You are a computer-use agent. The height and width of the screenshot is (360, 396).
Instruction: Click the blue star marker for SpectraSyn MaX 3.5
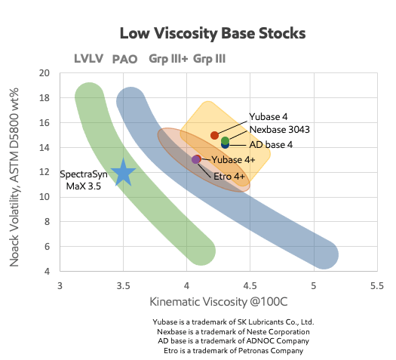pyautogui.click(x=123, y=173)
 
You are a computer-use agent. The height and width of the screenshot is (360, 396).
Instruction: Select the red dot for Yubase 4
pyautogui.click(x=214, y=135)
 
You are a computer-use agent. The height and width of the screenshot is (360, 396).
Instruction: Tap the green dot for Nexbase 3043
pyautogui.click(x=225, y=140)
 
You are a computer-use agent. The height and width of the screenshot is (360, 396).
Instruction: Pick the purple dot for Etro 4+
pyautogui.click(x=195, y=160)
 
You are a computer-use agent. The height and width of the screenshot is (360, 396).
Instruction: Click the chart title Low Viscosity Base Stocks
pyautogui.click(x=213, y=33)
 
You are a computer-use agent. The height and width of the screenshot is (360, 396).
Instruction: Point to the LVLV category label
pyautogui.click(x=89, y=59)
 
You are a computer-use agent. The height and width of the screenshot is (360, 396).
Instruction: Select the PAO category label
pyautogui.click(x=124, y=59)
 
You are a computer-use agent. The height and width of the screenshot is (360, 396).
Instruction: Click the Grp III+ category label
pyautogui.click(x=168, y=59)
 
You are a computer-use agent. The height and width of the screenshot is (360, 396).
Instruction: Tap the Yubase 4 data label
pyautogui.click(x=269, y=117)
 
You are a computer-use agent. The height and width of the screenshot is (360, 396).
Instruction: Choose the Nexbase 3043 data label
pyautogui.click(x=280, y=129)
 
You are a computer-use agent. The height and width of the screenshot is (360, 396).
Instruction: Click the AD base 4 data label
pyautogui.click(x=271, y=144)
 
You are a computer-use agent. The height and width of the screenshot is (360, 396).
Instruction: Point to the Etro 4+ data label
pyautogui.click(x=229, y=177)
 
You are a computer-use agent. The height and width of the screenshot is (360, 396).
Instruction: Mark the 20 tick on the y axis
pyautogui.click(x=45, y=73)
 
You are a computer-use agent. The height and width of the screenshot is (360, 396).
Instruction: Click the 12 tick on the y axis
pyautogui.click(x=45, y=172)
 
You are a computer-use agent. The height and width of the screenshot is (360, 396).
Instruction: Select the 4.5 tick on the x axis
pyautogui.click(x=250, y=286)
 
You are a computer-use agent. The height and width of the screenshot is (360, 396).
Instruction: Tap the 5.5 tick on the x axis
pyautogui.click(x=377, y=286)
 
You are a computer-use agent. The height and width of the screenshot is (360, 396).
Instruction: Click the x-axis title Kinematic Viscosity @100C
pyautogui.click(x=219, y=302)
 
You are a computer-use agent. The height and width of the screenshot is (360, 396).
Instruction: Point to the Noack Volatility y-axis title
pyautogui.click(x=14, y=177)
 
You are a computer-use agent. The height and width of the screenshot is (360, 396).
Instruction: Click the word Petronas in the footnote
pyautogui.click(x=253, y=351)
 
